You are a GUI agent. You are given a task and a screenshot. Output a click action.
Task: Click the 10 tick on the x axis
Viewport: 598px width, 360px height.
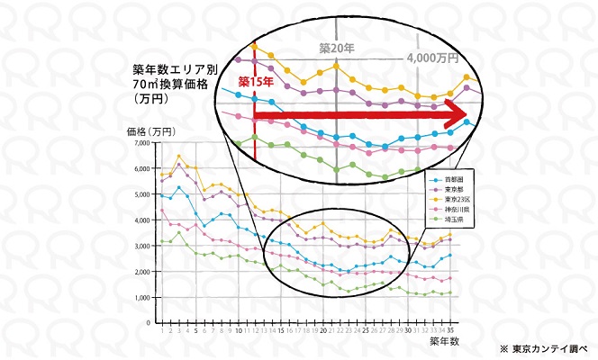tap(238, 331)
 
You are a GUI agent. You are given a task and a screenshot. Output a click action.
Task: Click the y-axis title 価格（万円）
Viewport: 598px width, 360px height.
tap(152, 130)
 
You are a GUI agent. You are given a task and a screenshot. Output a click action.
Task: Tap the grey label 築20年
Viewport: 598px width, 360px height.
tap(334, 47)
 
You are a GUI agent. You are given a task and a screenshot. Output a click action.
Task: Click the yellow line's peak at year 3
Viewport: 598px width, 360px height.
tap(178, 157)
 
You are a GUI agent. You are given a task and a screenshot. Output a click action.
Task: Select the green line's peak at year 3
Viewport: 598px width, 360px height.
tap(178, 232)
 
